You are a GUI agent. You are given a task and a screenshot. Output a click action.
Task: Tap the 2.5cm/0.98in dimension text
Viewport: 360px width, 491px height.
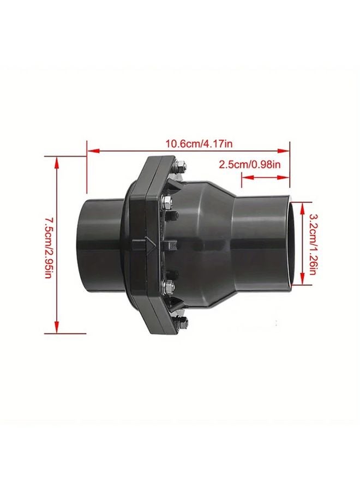pyautogui.click(x=250, y=164)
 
